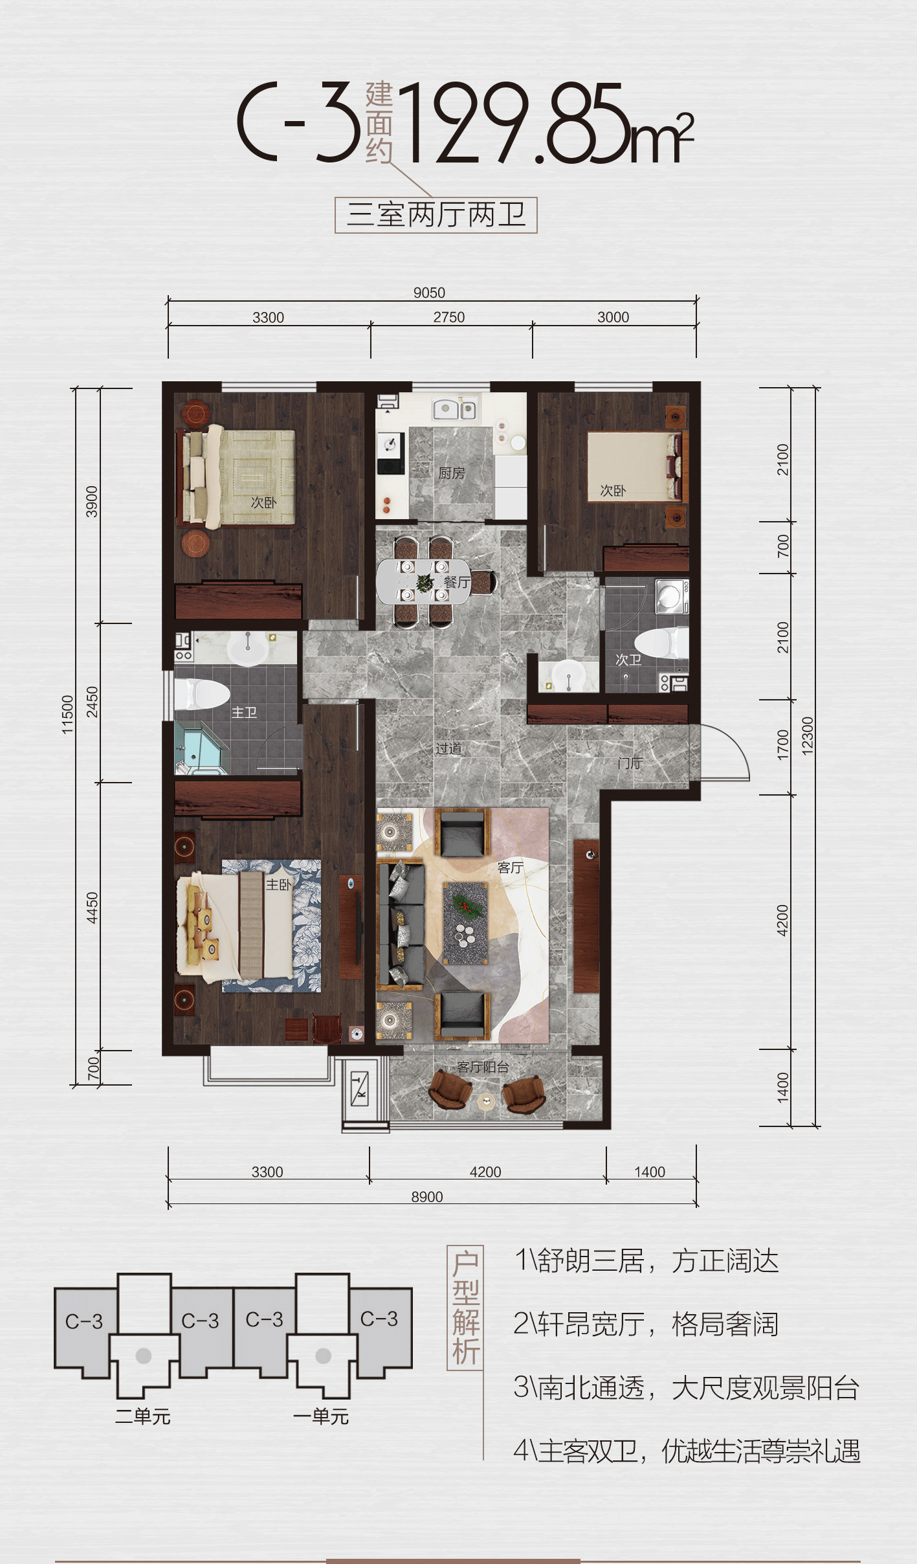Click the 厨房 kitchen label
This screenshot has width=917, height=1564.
[x=451, y=473]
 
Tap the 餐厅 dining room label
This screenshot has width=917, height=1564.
[x=457, y=582]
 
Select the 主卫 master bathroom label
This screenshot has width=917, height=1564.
[x=244, y=713]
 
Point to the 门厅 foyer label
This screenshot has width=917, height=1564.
[x=630, y=763]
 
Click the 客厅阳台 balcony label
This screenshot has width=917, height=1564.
[x=483, y=1067]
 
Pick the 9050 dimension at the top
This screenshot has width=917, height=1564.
[x=429, y=293]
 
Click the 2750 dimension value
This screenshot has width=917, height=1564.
[x=449, y=317]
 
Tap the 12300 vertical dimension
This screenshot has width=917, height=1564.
[x=807, y=736]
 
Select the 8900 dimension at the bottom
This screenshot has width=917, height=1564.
[x=427, y=1197]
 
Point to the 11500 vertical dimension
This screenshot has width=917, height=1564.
[x=67, y=715]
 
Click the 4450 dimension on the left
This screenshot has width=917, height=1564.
[x=92, y=908]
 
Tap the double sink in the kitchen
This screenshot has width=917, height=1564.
[x=454, y=409]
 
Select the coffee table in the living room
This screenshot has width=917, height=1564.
[x=465, y=922]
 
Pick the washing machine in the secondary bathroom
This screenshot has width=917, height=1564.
[x=672, y=596]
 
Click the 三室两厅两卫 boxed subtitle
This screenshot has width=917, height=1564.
[x=436, y=215]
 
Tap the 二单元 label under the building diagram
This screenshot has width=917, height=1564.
[x=142, y=1417]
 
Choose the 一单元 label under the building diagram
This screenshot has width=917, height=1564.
[x=321, y=1417]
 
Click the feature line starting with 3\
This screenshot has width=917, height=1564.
[x=686, y=1389]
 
